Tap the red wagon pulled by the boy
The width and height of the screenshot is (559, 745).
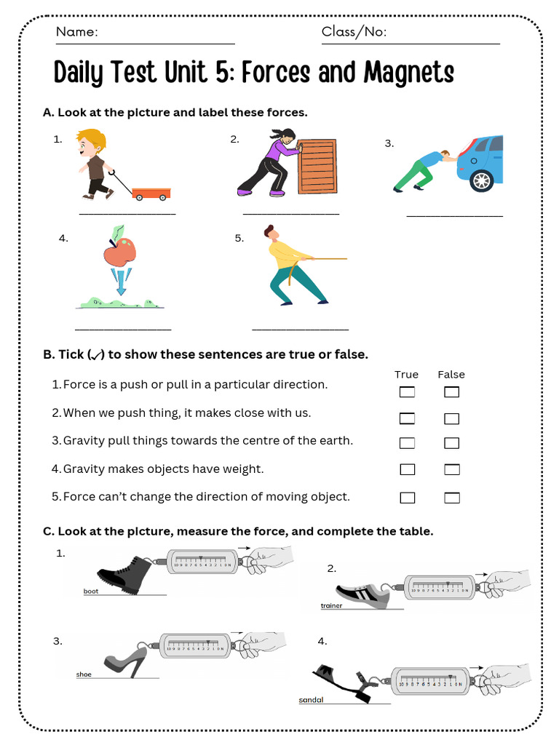click(x=151, y=193)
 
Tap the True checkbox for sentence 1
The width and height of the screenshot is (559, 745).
click(x=407, y=393)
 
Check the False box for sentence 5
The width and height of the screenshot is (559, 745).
click(x=452, y=498)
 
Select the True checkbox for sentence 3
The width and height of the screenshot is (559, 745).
click(x=407, y=443)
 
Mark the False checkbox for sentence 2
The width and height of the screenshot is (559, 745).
click(x=452, y=418)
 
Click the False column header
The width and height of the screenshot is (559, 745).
click(x=451, y=375)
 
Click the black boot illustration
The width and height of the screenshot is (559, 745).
click(x=124, y=572)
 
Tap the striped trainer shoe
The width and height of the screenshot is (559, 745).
click(x=363, y=594)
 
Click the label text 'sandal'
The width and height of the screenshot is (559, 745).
click(x=311, y=700)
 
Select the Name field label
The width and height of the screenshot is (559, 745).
click(x=76, y=32)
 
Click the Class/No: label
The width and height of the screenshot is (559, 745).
click(x=354, y=32)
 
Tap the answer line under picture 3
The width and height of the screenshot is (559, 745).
click(x=454, y=216)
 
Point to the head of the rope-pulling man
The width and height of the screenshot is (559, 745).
click(x=270, y=233)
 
